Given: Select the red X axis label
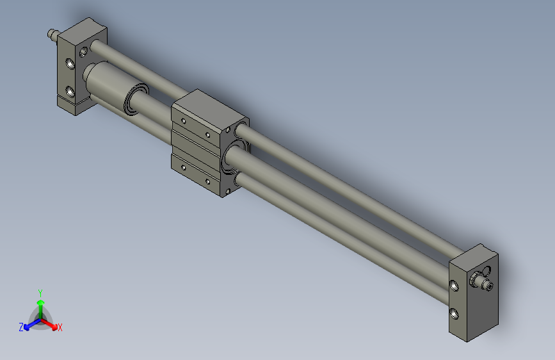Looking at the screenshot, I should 60,328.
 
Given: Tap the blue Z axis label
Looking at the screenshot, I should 21,327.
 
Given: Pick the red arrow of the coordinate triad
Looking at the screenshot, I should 52,324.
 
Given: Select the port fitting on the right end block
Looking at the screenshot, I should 480,279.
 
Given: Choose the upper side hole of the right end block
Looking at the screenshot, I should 454,285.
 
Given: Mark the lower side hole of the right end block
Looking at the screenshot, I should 454,313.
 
